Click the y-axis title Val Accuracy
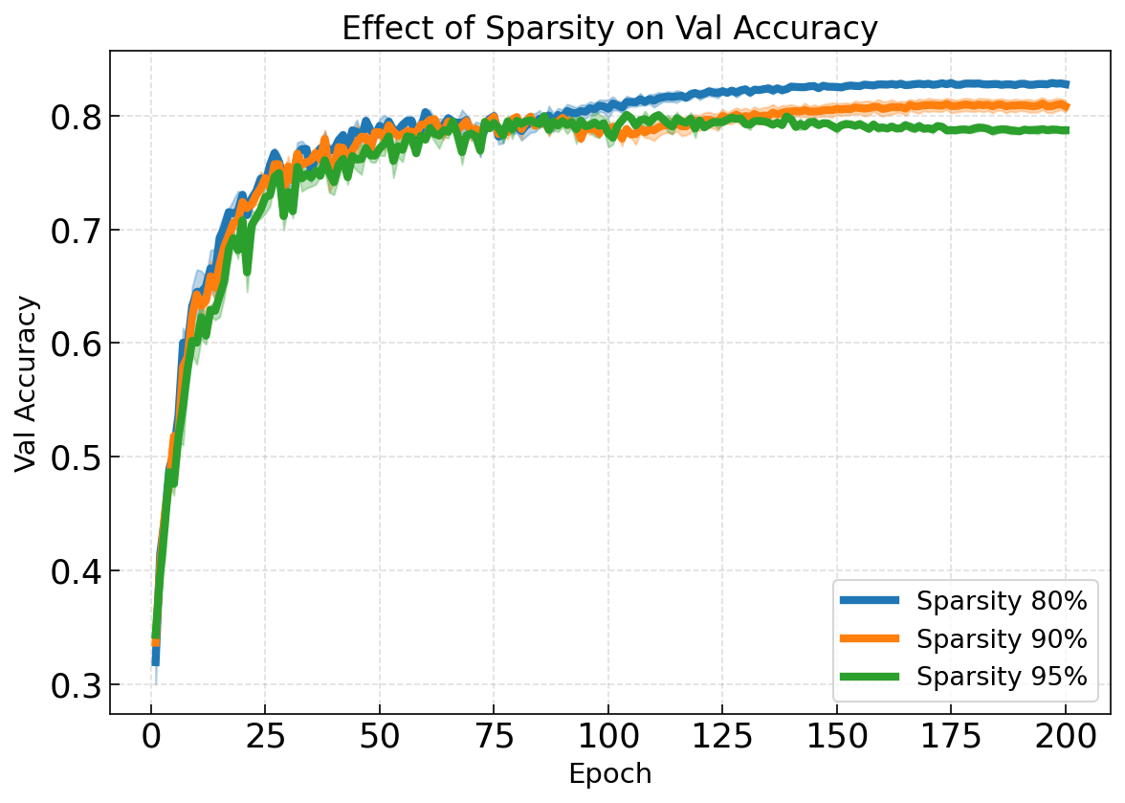28,383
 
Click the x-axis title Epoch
609,774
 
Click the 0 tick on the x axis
151,738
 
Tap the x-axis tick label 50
380,738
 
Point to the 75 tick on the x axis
494,738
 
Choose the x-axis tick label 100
608,738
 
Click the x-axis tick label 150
837,738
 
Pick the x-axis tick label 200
1066,738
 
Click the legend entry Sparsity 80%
1002,602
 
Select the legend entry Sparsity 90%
1002,638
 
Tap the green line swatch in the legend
870,677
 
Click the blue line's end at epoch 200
1066,84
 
